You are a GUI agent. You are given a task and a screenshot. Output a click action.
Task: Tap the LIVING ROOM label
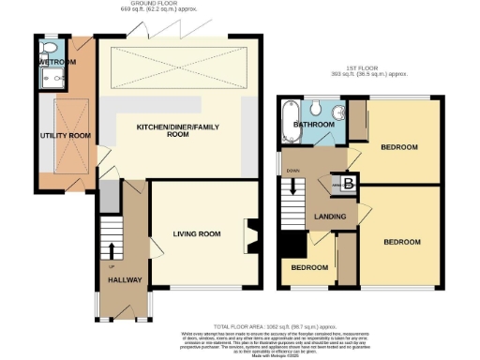click(197, 233)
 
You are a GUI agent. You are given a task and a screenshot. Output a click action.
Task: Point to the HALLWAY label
click(125, 279)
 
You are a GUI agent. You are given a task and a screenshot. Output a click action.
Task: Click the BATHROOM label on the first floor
click(312, 124)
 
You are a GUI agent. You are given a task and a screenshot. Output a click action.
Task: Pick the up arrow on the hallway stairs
click(112, 249)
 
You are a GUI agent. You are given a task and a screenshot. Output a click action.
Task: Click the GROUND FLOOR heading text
click(155, 4)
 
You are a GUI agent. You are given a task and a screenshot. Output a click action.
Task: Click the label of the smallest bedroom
click(308, 267)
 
